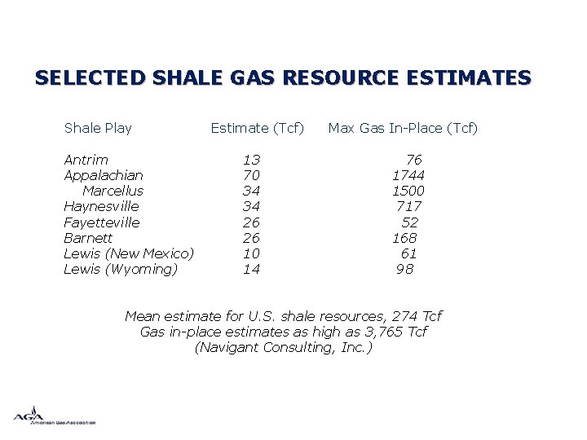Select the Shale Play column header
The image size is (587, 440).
98,128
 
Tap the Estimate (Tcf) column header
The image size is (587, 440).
257,128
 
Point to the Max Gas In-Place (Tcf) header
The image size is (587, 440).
403,128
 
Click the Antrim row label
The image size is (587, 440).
86,160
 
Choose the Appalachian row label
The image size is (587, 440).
104,175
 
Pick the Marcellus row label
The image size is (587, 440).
113,191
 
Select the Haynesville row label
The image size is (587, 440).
101,206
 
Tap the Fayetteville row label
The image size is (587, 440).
102,222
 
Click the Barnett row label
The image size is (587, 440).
88,238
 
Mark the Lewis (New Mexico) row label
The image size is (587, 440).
129,253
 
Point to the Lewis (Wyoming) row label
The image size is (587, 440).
121,269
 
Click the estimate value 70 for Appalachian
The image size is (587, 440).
251,175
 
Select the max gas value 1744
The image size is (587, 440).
408,175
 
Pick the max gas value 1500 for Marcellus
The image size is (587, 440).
408,191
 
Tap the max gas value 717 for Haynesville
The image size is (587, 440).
408,206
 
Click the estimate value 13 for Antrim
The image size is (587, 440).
251,160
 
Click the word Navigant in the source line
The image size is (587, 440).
228,347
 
